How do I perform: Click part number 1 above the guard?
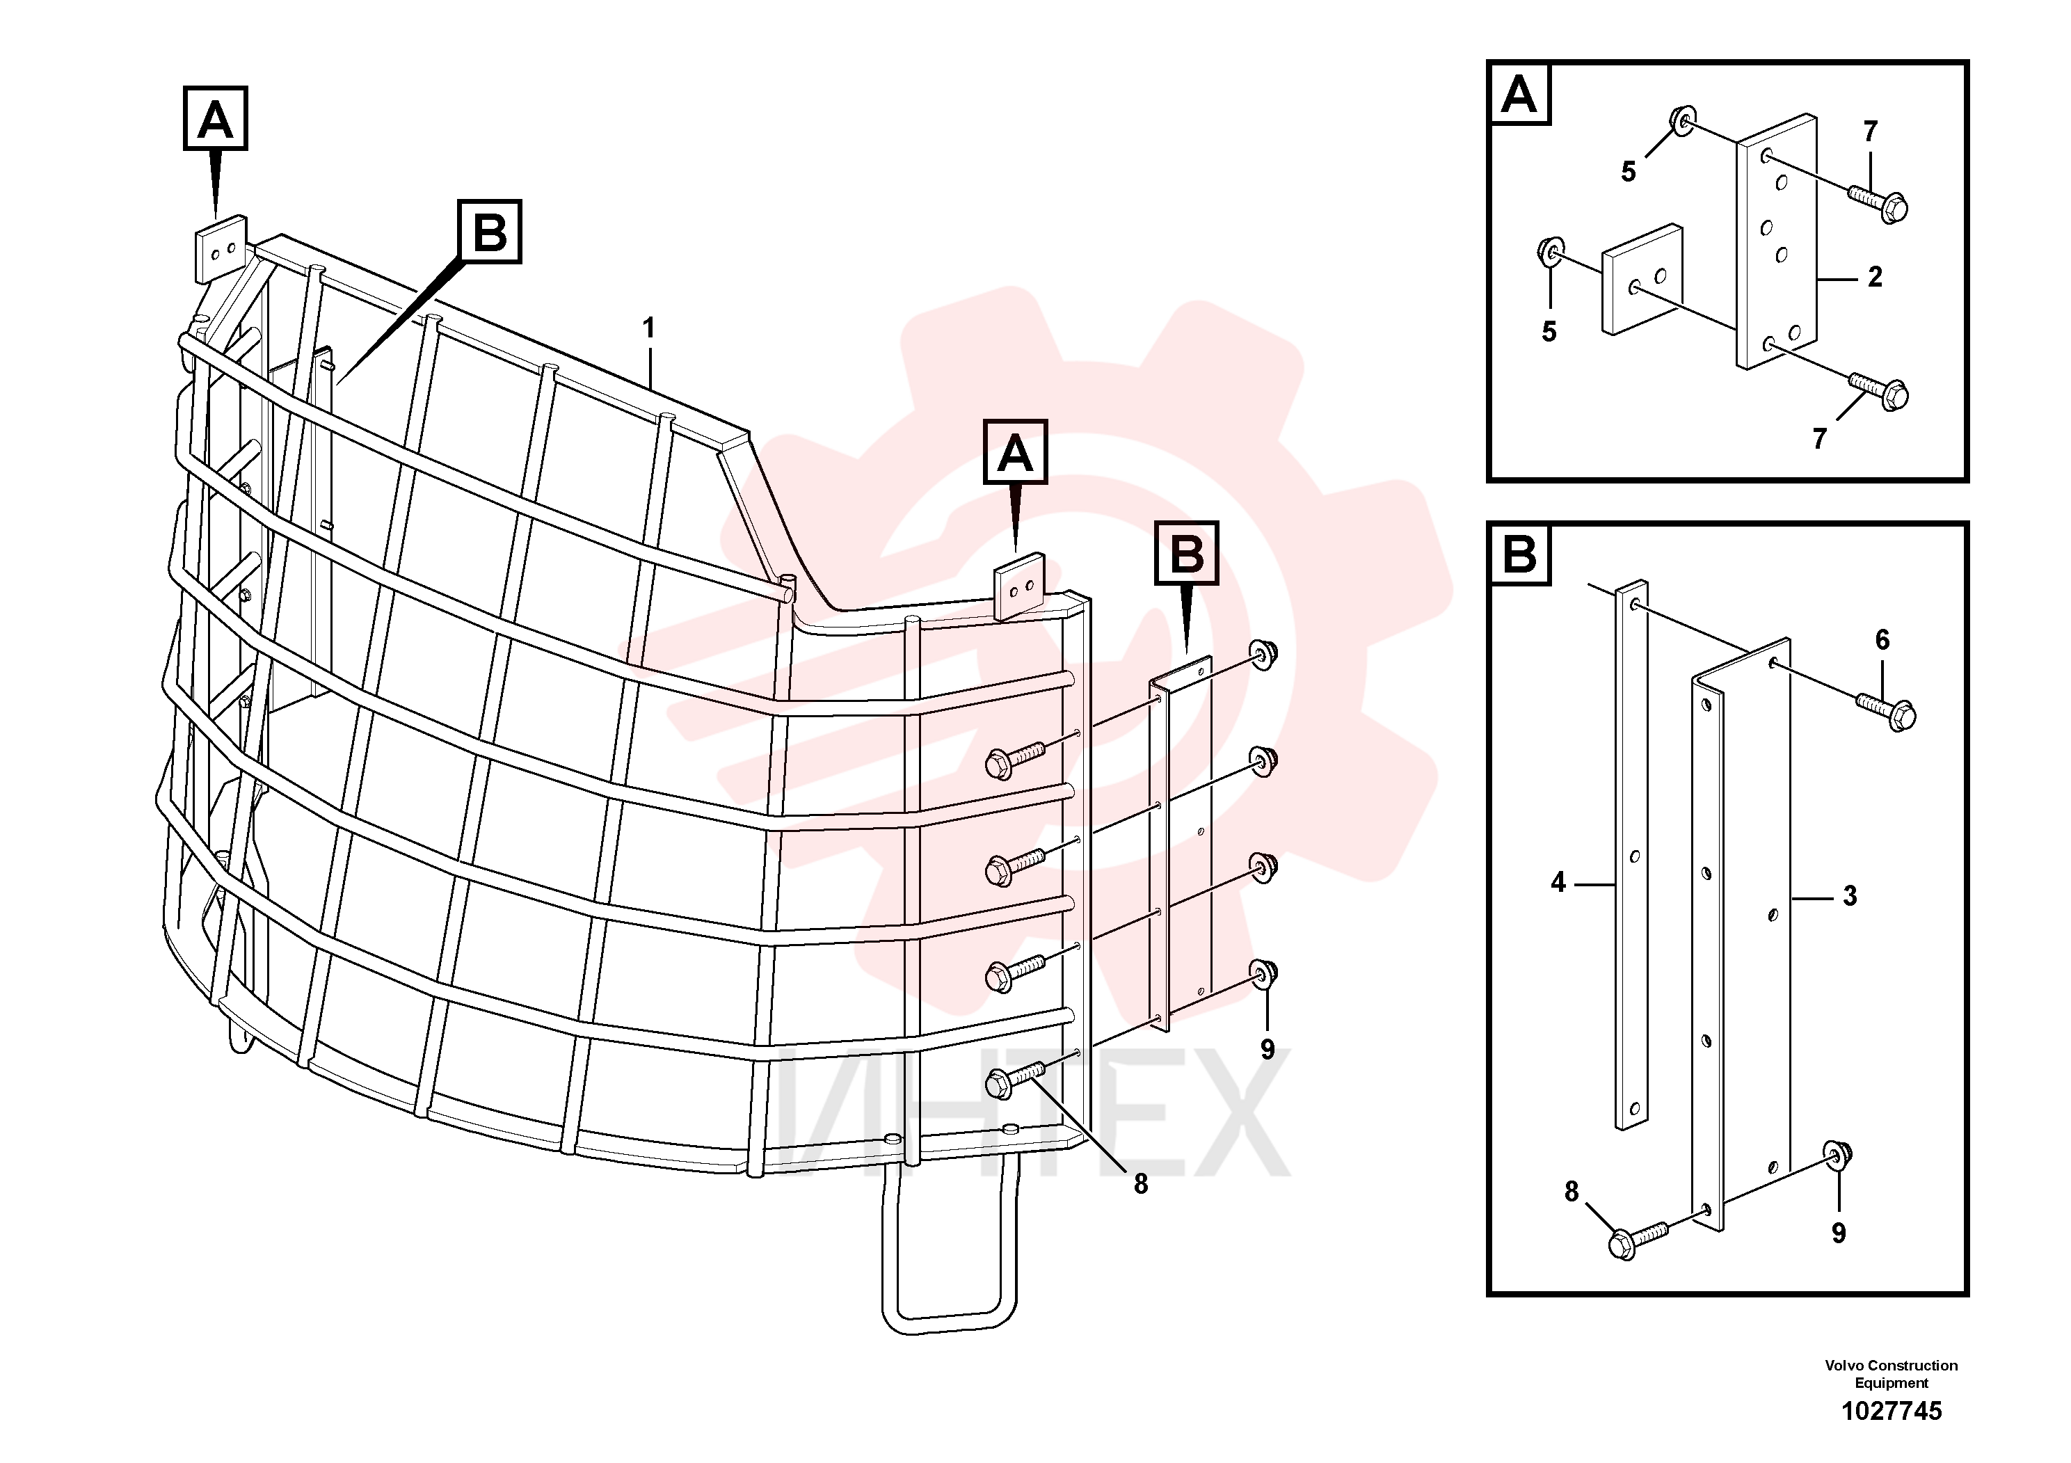point(648,328)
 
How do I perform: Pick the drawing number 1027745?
point(1892,1411)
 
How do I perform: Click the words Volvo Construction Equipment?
point(1892,1374)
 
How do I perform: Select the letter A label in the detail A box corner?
point(1519,94)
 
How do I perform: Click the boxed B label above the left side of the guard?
point(490,232)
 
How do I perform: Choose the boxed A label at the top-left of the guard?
point(216,118)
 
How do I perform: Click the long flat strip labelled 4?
point(1631,856)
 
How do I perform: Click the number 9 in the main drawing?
point(1268,1049)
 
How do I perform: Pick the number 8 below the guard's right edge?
point(1141,1184)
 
